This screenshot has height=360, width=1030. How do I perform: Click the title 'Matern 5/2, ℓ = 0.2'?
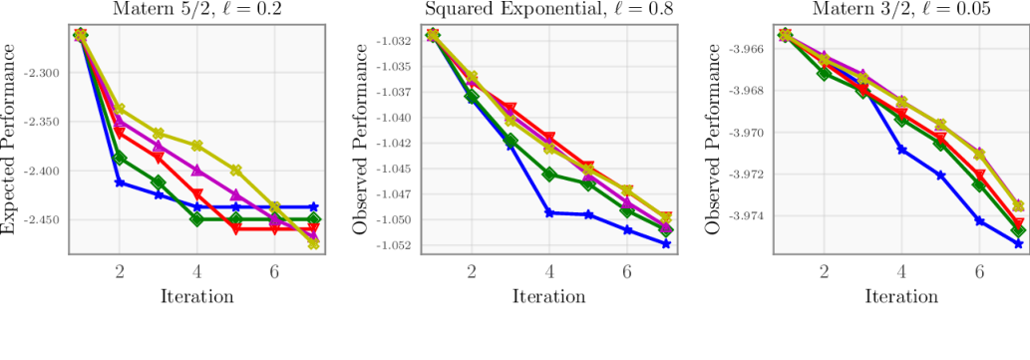[197, 10]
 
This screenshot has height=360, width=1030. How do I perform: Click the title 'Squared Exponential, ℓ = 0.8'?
[549, 10]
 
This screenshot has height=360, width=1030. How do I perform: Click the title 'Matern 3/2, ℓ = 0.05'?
[901, 10]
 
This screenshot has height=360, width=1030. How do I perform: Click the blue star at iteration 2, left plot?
[120, 182]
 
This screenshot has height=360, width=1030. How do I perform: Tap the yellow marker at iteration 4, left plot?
[197, 146]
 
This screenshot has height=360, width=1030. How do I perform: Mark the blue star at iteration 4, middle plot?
[549, 212]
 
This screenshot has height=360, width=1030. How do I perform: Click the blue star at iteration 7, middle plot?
[666, 243]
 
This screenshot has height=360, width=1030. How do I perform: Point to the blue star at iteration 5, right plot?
[940, 176]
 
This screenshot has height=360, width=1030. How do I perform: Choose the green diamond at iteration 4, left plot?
[197, 218]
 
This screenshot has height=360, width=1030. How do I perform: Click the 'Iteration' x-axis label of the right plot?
[901, 296]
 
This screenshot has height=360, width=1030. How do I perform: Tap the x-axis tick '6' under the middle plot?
[627, 270]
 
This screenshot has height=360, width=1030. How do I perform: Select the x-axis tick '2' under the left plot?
[120, 270]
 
